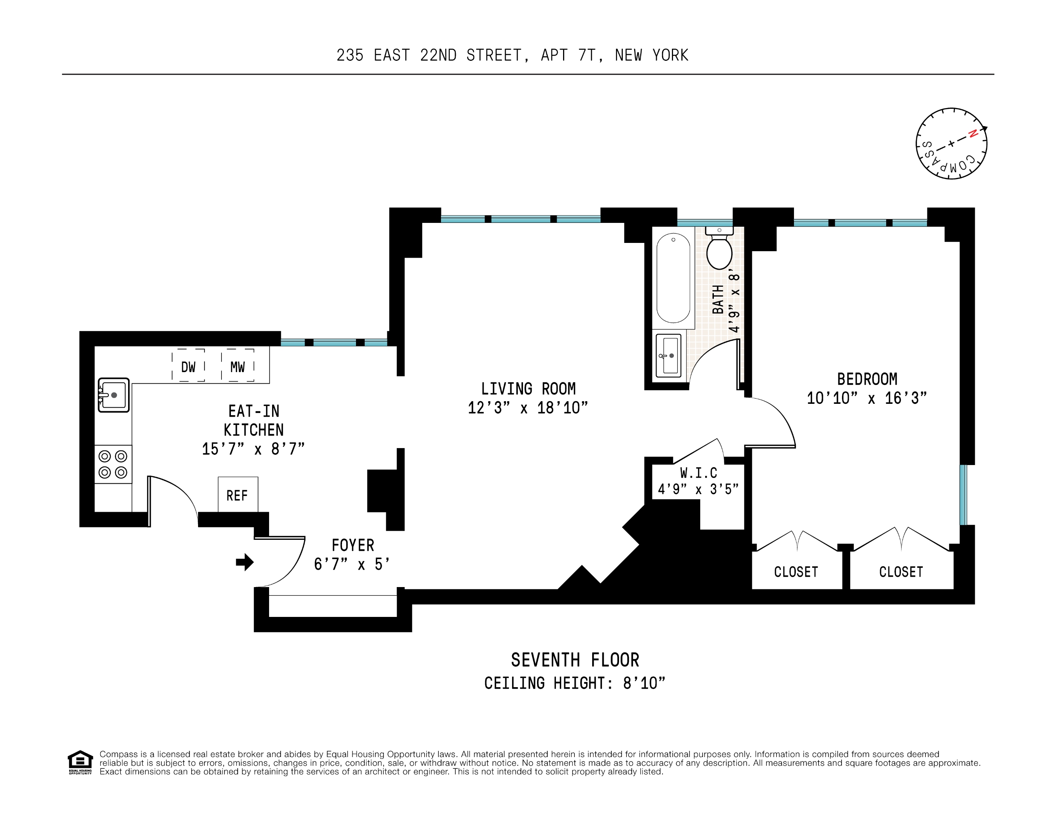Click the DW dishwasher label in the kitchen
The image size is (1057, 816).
[x=188, y=367]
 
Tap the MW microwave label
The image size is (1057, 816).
[x=237, y=367]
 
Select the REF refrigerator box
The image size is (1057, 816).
[x=237, y=495]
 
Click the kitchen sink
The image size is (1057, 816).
[x=113, y=395]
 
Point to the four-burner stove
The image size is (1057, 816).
[x=113, y=464]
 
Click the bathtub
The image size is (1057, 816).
[x=673, y=278]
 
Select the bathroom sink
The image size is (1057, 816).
[x=669, y=355]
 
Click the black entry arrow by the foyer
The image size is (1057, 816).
[x=245, y=562]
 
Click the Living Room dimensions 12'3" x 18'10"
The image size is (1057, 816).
[x=528, y=408]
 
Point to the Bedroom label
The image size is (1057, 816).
[x=867, y=379]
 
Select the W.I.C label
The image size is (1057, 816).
[x=698, y=473]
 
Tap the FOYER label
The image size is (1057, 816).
[x=353, y=545]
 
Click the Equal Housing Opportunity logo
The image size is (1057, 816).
[x=80, y=762]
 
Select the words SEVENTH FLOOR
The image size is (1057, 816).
[x=575, y=660]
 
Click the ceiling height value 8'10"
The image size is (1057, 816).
[x=644, y=683]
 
